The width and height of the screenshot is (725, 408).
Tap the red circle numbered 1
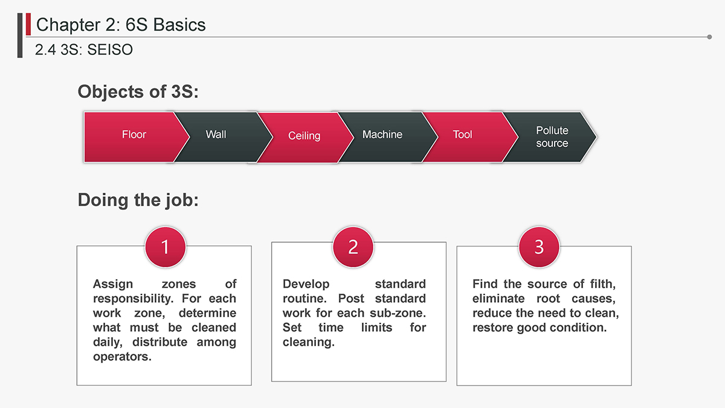166,247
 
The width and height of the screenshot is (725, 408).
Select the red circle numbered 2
353,247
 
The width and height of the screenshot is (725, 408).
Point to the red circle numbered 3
539,247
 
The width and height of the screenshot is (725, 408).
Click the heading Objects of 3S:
138,92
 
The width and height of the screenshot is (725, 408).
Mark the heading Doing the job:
138,200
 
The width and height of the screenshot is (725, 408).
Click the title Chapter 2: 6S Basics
121,25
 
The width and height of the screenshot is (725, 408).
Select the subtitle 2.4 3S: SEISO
84,50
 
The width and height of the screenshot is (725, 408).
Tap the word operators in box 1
122,357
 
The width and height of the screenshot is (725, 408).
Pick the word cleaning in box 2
309,342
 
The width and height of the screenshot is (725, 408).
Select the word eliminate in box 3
498,299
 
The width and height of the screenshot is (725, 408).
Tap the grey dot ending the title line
709,37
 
